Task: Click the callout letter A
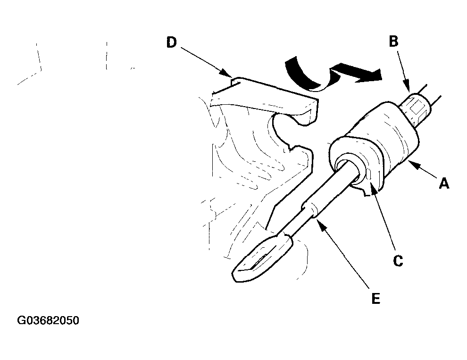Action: (x=444, y=184)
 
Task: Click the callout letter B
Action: (x=393, y=42)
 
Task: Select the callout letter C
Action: (x=398, y=260)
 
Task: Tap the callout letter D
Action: (x=171, y=42)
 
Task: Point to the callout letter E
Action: (x=376, y=298)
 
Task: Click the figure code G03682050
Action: (x=48, y=320)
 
